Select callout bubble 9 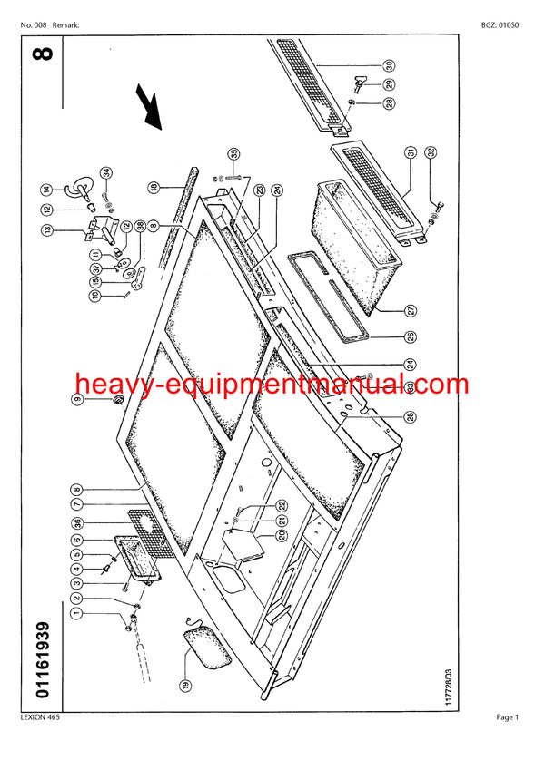(x=77, y=401)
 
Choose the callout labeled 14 (x=71, y=190)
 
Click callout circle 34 (x=105, y=172)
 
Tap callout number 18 (x=154, y=187)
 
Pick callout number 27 (x=411, y=311)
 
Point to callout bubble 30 (x=389, y=64)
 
